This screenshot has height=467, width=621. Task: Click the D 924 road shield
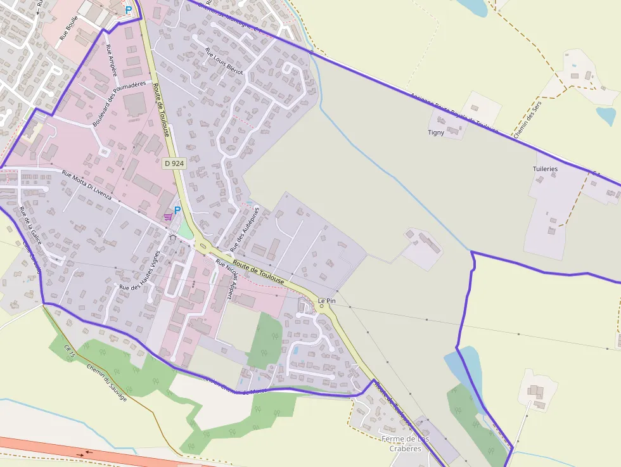174,163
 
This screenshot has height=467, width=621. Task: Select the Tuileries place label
545,169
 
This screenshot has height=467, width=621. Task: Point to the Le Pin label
326,300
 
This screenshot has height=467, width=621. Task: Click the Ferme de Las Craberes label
405,444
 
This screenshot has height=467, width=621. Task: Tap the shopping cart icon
167,217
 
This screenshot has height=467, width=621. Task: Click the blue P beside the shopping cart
177,210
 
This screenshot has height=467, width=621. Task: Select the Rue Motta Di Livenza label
87,184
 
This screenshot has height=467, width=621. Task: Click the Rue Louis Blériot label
224,61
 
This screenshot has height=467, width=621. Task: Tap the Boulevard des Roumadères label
119,103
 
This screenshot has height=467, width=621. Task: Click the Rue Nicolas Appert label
223,278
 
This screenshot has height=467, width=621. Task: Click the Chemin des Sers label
525,121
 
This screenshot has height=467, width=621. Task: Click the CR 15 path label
70,352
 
